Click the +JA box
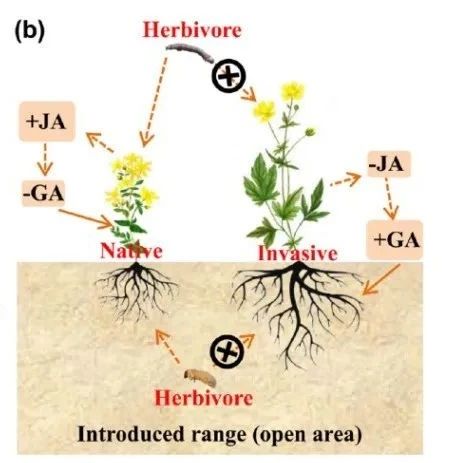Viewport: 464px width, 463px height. coord(47,122)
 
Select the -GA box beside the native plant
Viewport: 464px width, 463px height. coord(43,193)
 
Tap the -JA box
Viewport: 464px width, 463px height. coord(389,164)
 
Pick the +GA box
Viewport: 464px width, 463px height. coord(395,240)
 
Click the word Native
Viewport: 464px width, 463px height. coord(131,251)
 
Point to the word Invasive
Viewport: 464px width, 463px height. coord(298,253)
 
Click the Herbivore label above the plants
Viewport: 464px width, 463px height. coord(192,30)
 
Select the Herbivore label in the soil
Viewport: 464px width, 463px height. coord(204,398)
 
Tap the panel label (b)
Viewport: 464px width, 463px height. coord(29,31)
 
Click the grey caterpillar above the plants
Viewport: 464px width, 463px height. coord(190,53)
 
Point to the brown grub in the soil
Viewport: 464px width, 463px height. coord(200,378)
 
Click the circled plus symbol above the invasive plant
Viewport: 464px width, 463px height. coord(229,76)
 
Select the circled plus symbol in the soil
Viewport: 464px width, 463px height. coord(227,352)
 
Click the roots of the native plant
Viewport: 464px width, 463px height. coord(136,290)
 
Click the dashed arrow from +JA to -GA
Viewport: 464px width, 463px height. coord(45,159)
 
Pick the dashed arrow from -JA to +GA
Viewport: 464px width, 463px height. coord(390,198)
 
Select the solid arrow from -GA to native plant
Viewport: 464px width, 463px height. coord(86,219)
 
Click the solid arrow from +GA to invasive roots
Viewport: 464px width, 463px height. coord(381,280)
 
